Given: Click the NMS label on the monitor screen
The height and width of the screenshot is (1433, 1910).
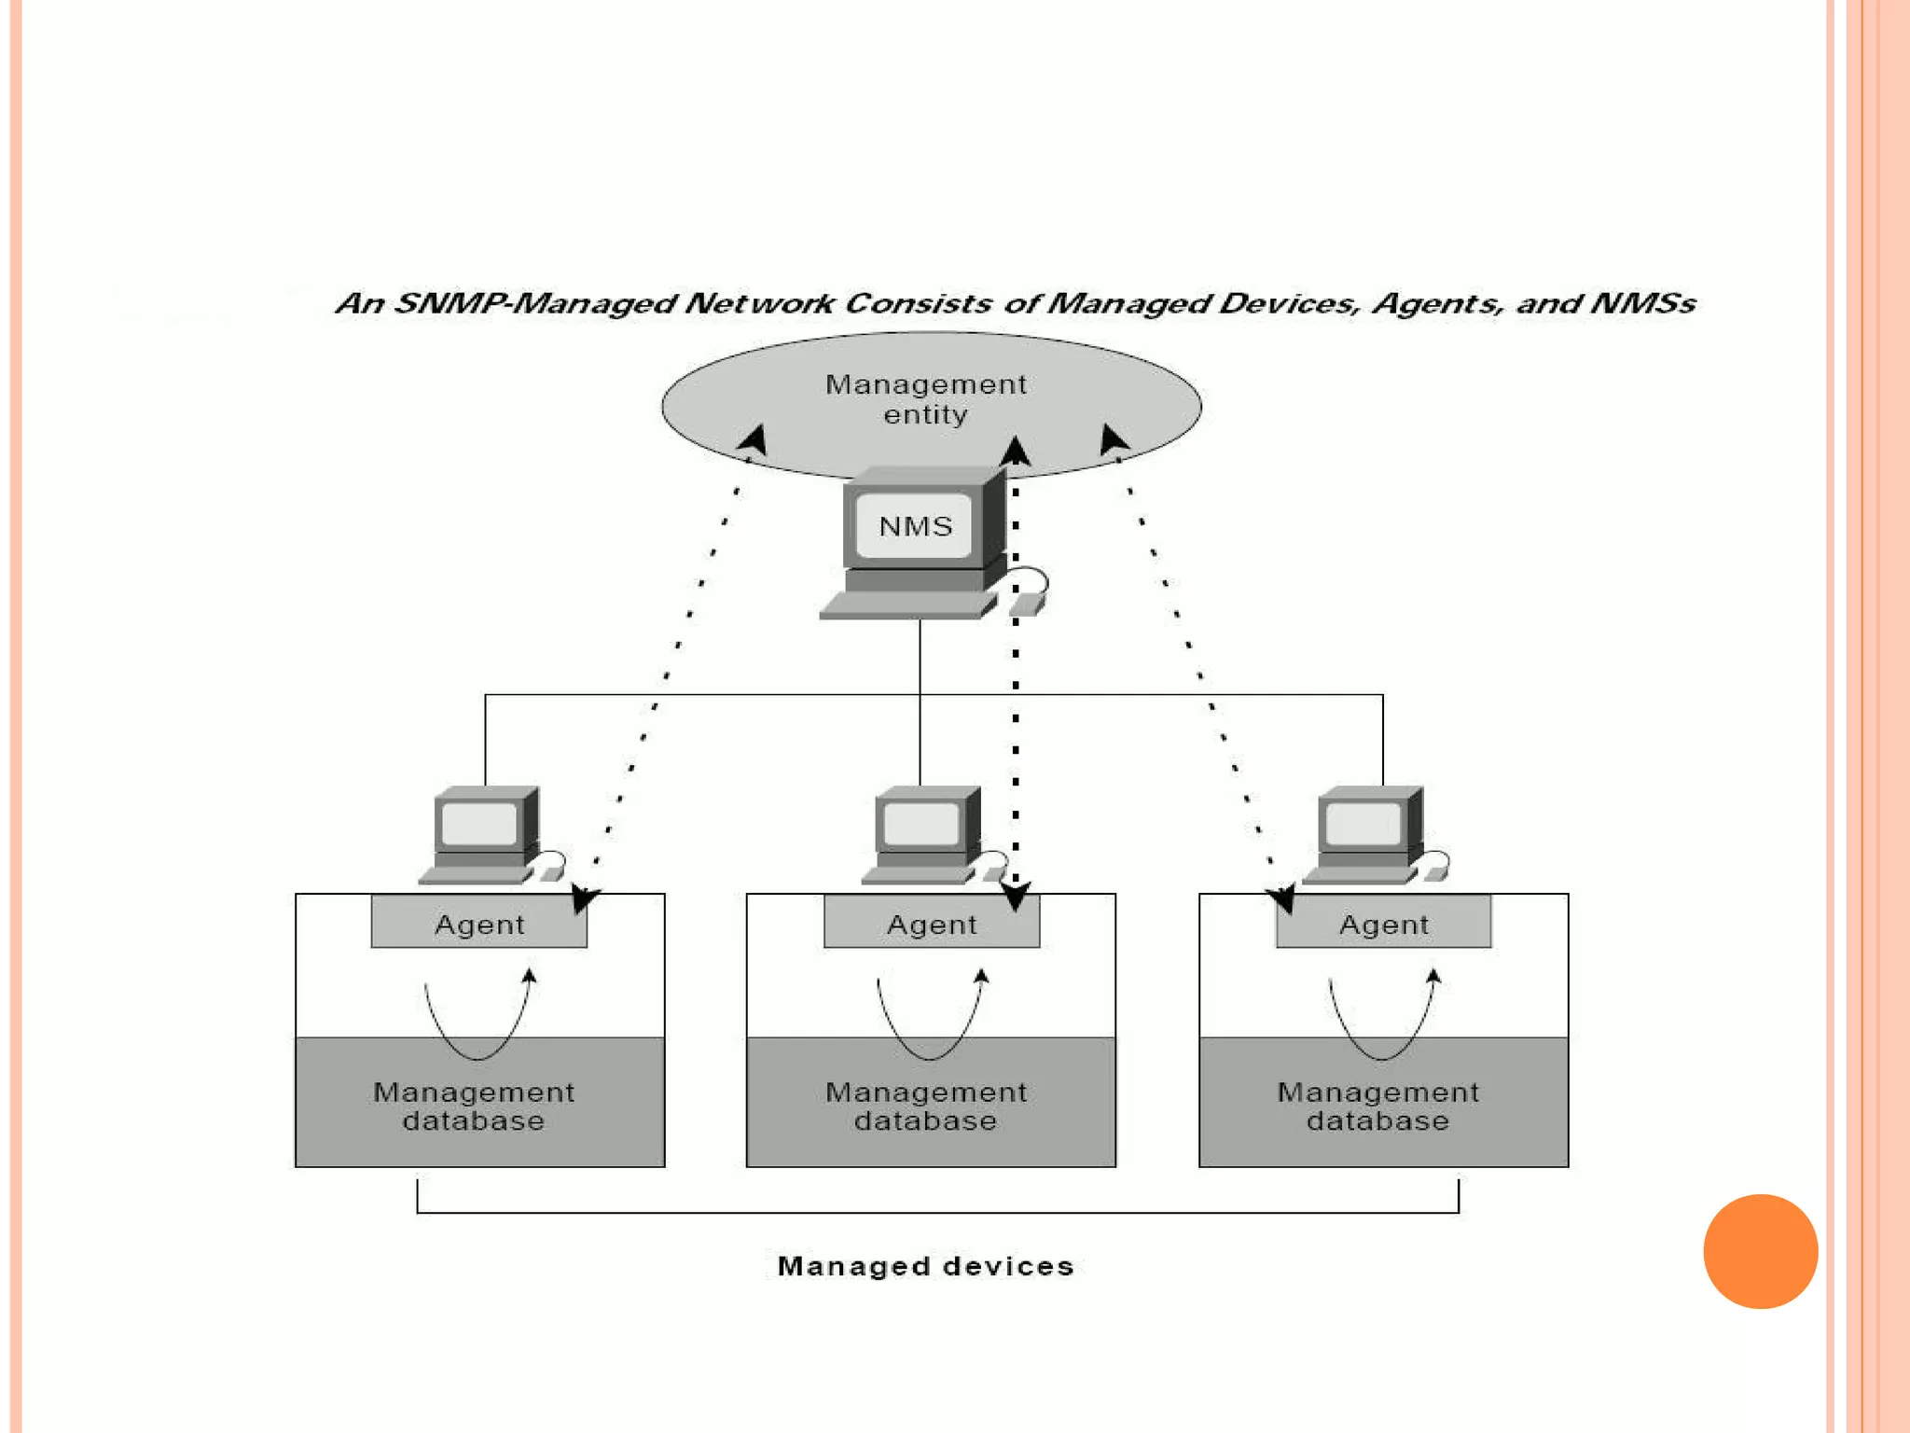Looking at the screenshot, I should coord(915,527).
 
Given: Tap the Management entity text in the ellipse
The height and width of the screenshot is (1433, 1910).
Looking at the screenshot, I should coord(925,399).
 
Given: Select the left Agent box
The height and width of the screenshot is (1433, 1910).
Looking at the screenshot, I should coord(478,924).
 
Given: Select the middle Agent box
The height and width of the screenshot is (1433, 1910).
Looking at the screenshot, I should coord(931,924).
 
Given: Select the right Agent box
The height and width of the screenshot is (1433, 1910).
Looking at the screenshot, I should coord(1383,924).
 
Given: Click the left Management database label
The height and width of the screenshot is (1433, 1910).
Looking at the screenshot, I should coord(474,1106).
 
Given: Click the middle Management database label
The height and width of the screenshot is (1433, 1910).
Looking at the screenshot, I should coord(925,1106).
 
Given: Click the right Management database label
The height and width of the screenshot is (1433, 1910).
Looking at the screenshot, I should coord(1377,1106).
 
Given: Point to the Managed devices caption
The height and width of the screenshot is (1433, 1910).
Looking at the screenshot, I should coord(925,1266).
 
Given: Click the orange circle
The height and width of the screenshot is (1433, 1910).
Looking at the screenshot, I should coord(1760,1251).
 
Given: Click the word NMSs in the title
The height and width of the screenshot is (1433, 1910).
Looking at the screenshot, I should coord(1641,303).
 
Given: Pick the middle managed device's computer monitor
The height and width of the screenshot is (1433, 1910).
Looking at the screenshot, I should coord(922,823).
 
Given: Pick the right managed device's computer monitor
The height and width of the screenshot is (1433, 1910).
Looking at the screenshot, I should coord(1364,823).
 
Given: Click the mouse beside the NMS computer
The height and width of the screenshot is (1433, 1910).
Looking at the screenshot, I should coord(1027,604).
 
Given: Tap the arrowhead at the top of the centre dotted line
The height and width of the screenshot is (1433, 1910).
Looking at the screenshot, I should coord(1016,452).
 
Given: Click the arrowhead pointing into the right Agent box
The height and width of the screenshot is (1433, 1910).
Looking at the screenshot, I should coord(1281,900).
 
